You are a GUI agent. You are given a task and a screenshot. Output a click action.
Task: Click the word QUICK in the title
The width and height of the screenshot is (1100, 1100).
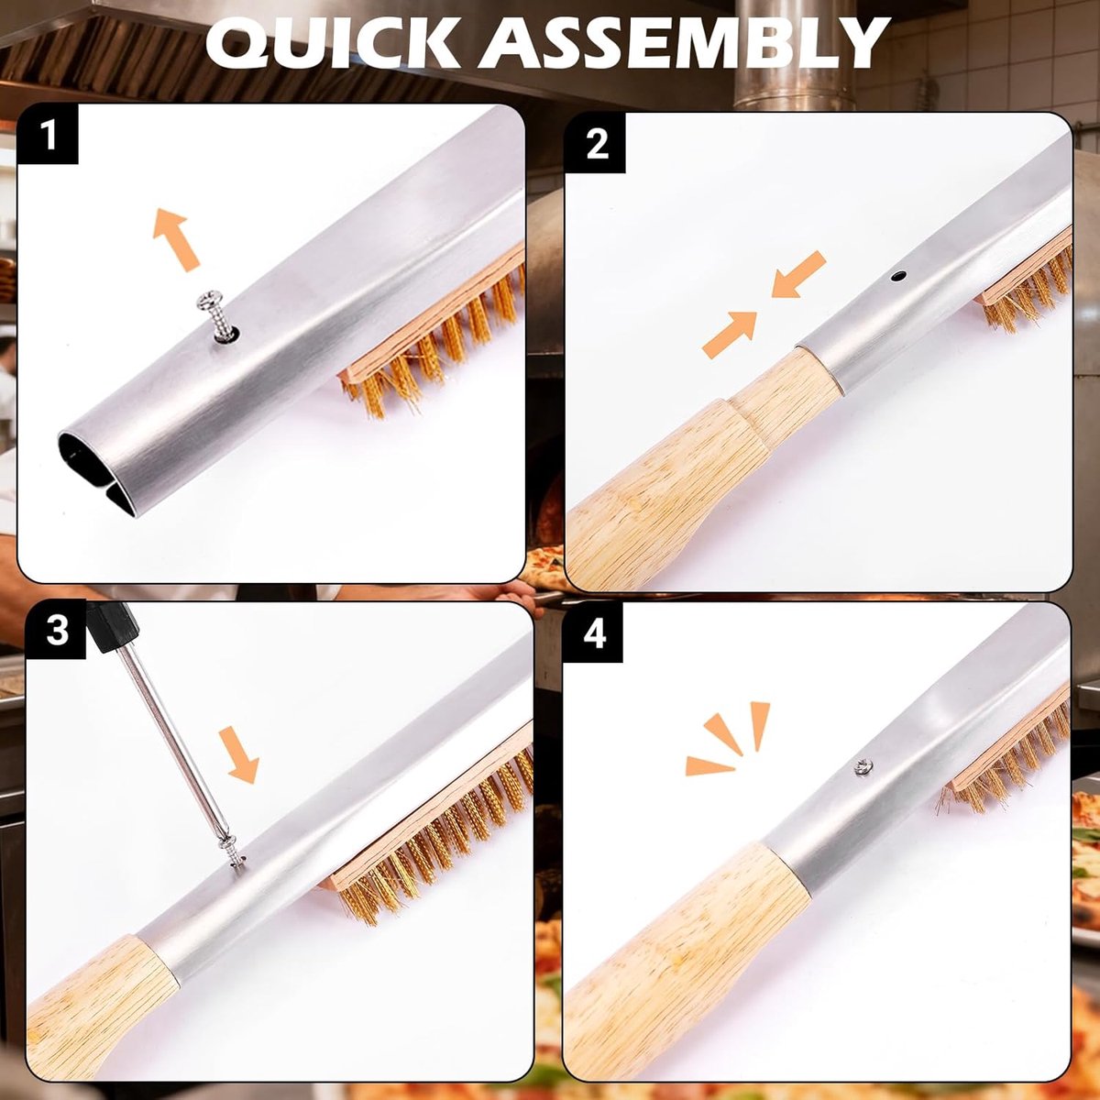334,44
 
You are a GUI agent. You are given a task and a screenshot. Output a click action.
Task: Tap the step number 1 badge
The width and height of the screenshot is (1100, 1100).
49,137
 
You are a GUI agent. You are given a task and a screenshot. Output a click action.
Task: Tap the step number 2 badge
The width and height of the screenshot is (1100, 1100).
597,147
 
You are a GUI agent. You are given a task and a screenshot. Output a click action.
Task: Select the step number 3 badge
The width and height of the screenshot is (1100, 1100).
57,632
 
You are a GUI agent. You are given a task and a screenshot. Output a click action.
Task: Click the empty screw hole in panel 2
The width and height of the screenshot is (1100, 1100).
898,276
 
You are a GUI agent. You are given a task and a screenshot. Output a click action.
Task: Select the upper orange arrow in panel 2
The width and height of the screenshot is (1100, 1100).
797,274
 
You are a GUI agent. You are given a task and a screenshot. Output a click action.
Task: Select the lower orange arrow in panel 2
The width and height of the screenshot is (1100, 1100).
730,335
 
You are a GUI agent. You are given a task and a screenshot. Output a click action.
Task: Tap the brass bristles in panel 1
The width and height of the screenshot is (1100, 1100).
434,343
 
